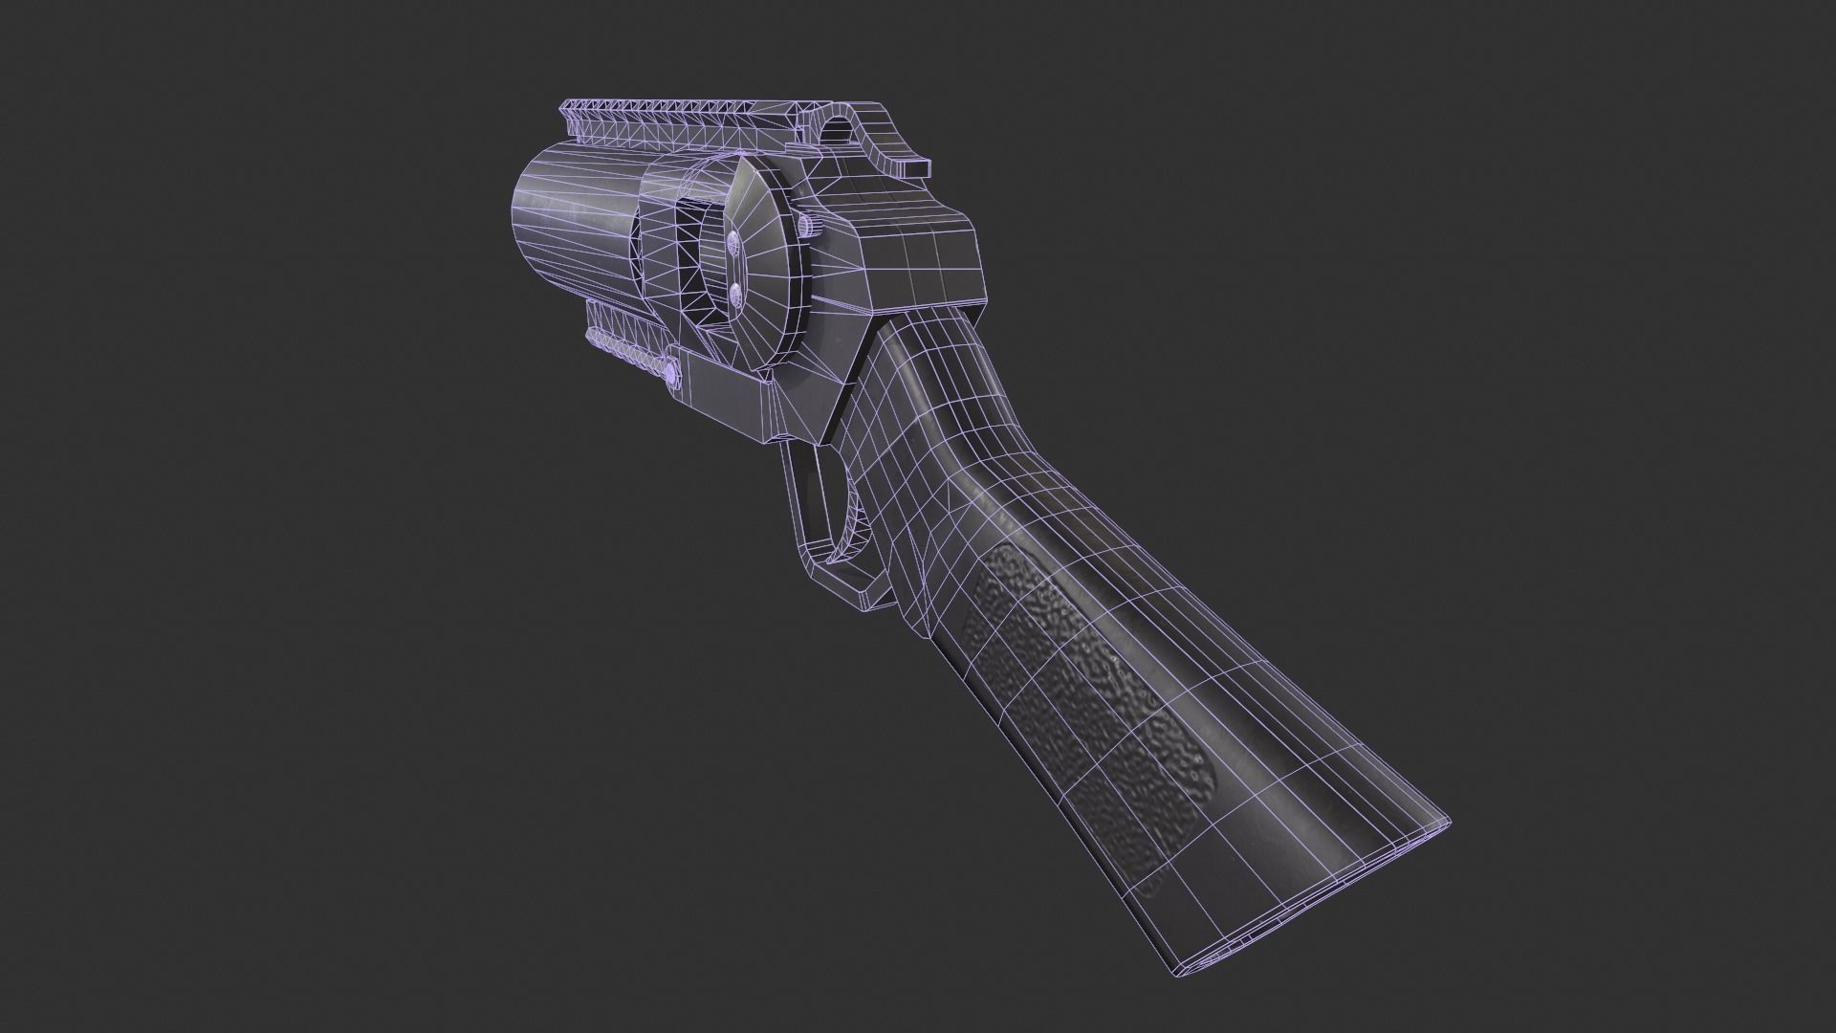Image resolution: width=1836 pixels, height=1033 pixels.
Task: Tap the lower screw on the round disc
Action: [x=735, y=293]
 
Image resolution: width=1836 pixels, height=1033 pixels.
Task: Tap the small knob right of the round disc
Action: [x=807, y=226]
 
